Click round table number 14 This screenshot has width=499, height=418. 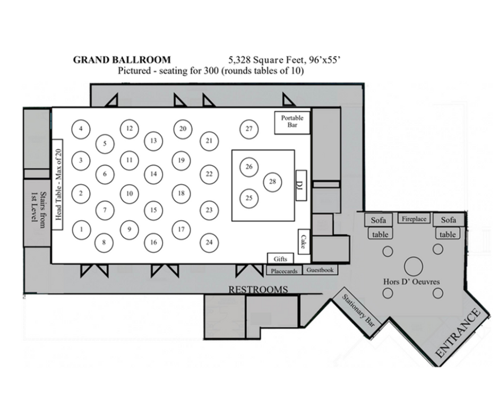click(153, 173)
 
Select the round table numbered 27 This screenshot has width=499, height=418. click(249, 129)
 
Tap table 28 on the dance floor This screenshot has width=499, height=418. click(272, 181)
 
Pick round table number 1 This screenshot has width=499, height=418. click(81, 230)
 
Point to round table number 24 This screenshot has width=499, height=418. click(209, 242)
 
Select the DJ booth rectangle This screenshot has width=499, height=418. click(301, 186)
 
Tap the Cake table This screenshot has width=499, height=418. click(304, 242)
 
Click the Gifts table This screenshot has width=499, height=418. click(280, 259)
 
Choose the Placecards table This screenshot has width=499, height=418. click(284, 271)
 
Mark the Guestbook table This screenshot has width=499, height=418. click(320, 270)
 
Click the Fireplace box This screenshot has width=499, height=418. click(414, 219)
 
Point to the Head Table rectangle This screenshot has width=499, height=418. click(57, 185)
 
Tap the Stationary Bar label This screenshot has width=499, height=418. click(358, 310)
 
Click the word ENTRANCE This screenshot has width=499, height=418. click(457, 333)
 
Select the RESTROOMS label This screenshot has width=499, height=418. click(258, 290)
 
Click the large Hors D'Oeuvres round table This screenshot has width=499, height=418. click(414, 266)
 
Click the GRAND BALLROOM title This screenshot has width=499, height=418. click(122, 60)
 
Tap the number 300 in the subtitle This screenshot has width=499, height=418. click(211, 71)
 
